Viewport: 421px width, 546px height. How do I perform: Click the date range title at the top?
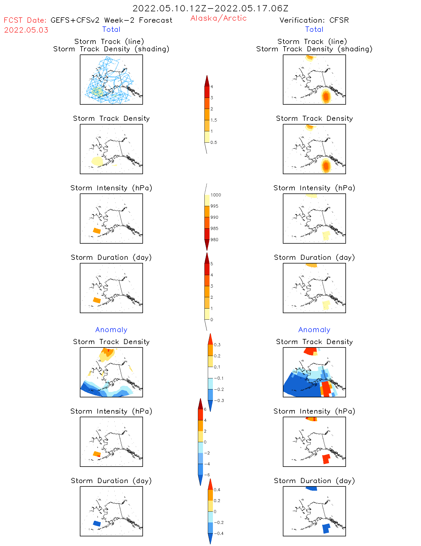pos(210,9)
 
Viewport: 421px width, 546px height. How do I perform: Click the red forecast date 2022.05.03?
pos(26,30)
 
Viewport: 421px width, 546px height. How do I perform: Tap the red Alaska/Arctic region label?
pos(218,18)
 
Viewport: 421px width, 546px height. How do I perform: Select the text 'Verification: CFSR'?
pos(314,20)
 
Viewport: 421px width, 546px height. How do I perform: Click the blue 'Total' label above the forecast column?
pos(111,29)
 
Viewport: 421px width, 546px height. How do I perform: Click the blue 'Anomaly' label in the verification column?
pos(314,330)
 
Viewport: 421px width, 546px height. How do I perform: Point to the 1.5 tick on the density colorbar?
pos(214,120)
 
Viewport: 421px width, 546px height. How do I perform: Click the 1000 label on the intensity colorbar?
pos(215,195)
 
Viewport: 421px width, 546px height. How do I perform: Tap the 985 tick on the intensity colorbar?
pos(214,228)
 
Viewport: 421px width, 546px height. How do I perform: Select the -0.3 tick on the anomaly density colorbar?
pos(219,400)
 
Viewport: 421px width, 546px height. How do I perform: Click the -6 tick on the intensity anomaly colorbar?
pos(207,475)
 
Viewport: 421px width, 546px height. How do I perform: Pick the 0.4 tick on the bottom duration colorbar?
pos(217,490)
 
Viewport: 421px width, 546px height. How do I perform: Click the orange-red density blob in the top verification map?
pos(326,96)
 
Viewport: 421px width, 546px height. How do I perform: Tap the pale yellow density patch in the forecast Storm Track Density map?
pos(97,161)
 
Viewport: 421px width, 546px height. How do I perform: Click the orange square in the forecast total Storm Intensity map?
pos(97,231)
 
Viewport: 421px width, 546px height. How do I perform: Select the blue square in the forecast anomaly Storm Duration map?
pos(97,523)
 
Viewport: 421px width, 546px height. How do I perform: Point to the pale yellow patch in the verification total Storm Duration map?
pos(326,305)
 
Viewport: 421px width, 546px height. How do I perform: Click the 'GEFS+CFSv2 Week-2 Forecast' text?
pos(111,20)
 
